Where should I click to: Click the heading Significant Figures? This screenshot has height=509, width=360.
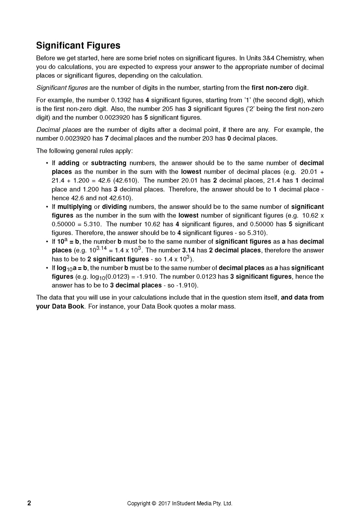[x=78, y=45]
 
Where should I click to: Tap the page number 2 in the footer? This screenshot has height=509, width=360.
[x=29, y=503]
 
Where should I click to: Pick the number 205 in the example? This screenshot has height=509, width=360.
[x=168, y=109]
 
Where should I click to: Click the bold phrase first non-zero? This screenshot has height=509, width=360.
[x=272, y=88]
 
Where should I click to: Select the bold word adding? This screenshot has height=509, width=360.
[x=69, y=163]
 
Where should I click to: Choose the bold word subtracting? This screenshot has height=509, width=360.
[x=109, y=163]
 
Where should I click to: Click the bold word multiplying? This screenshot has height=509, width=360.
[x=75, y=207]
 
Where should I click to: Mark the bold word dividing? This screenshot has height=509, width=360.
[x=114, y=207]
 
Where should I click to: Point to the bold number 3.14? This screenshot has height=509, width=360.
[x=189, y=250]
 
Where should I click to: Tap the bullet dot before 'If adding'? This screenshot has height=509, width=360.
[x=47, y=163]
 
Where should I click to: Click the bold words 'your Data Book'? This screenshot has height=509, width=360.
[x=60, y=307]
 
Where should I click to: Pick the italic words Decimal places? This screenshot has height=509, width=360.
[x=59, y=130]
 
